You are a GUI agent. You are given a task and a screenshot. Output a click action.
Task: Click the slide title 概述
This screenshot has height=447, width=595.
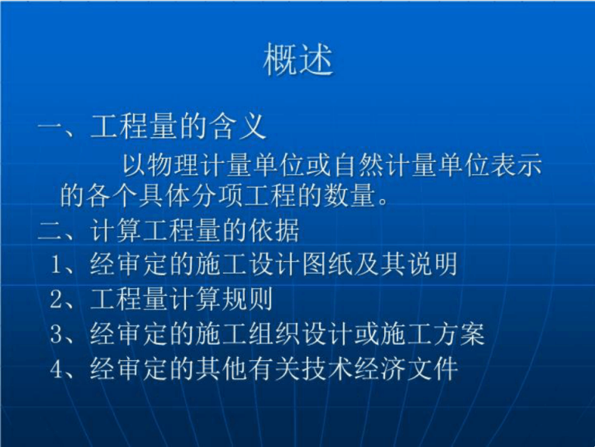[x=298, y=60]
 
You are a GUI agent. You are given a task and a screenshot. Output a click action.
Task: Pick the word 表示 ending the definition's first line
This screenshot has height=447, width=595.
[x=516, y=166]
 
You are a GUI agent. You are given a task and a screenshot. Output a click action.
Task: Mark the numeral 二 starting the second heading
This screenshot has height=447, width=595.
[x=50, y=230]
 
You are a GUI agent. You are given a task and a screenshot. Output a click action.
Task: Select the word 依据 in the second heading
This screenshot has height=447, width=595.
[x=274, y=230]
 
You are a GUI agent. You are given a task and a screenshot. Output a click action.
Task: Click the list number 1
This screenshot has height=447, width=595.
[x=56, y=264]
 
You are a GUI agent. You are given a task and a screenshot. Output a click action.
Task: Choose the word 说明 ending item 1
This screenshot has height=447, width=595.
[x=432, y=263]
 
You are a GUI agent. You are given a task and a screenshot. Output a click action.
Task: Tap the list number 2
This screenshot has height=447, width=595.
[x=56, y=299]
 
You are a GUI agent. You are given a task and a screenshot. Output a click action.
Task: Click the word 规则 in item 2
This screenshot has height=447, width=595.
[x=247, y=298]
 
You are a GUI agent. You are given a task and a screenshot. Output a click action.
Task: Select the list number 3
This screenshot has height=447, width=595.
[x=56, y=335]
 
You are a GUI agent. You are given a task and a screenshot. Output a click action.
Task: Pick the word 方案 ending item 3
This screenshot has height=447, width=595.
[x=459, y=334]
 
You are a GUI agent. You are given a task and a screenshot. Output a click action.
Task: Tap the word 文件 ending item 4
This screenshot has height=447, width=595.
[x=432, y=369]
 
